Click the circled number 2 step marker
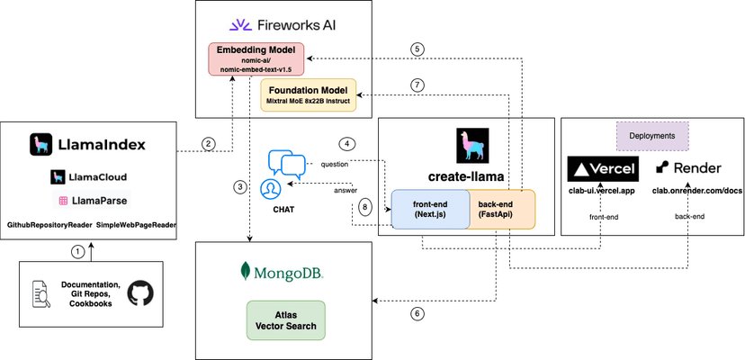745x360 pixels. pos(209,144)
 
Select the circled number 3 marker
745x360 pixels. pos(240,187)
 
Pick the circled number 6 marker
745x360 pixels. pos(417,314)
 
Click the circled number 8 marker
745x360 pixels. pos(365,206)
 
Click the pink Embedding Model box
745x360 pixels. pos(259,58)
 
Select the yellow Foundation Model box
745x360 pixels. pos(309,94)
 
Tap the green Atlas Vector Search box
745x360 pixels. pos(284,319)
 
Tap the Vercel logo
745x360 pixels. pos(602,168)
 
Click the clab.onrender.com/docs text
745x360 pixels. pos(688,189)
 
